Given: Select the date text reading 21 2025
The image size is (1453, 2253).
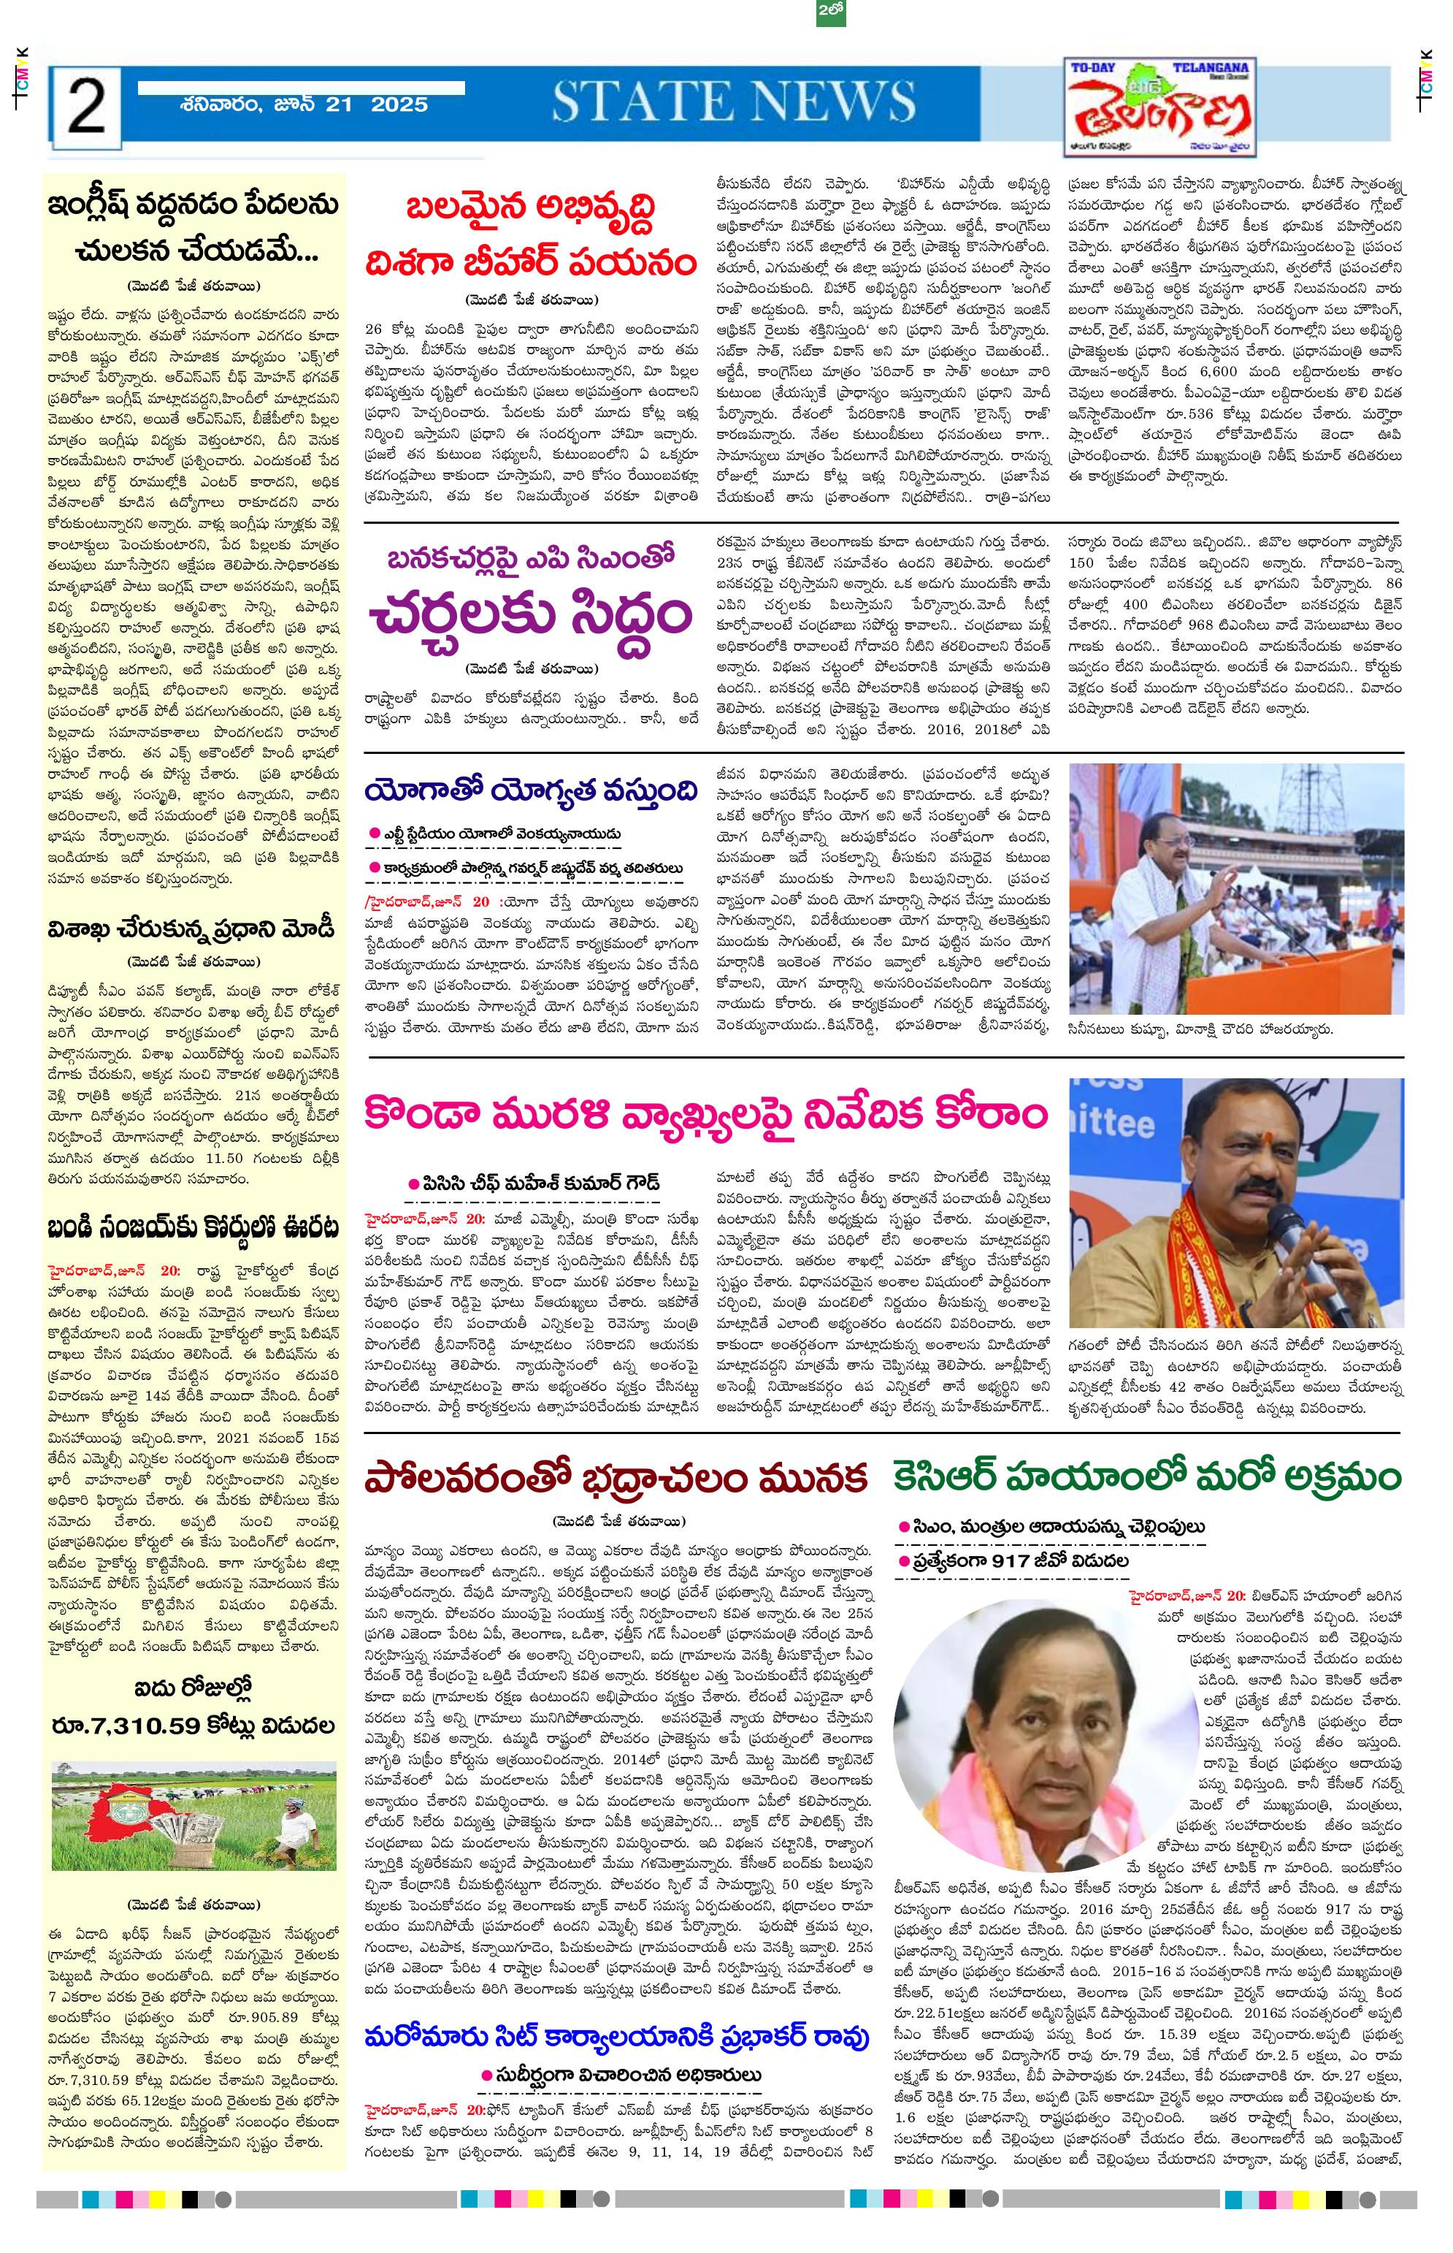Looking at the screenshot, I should (377, 104).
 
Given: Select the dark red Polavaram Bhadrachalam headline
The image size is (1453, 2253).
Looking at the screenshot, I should (616, 1478).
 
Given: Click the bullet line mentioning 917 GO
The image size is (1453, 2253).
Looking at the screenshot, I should (1020, 1560).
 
